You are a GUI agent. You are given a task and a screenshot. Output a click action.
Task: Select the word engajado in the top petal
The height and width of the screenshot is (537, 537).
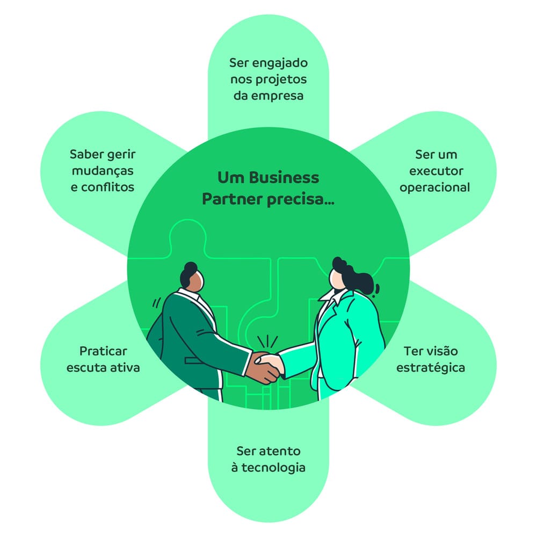282,63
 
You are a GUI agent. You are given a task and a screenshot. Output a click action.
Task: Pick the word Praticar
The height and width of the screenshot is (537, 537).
103,352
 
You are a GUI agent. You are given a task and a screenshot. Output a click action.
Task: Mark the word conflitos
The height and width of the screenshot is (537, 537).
107,188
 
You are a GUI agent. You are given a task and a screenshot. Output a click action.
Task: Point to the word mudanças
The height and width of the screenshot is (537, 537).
102,171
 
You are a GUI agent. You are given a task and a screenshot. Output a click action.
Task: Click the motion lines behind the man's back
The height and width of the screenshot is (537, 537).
155,303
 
